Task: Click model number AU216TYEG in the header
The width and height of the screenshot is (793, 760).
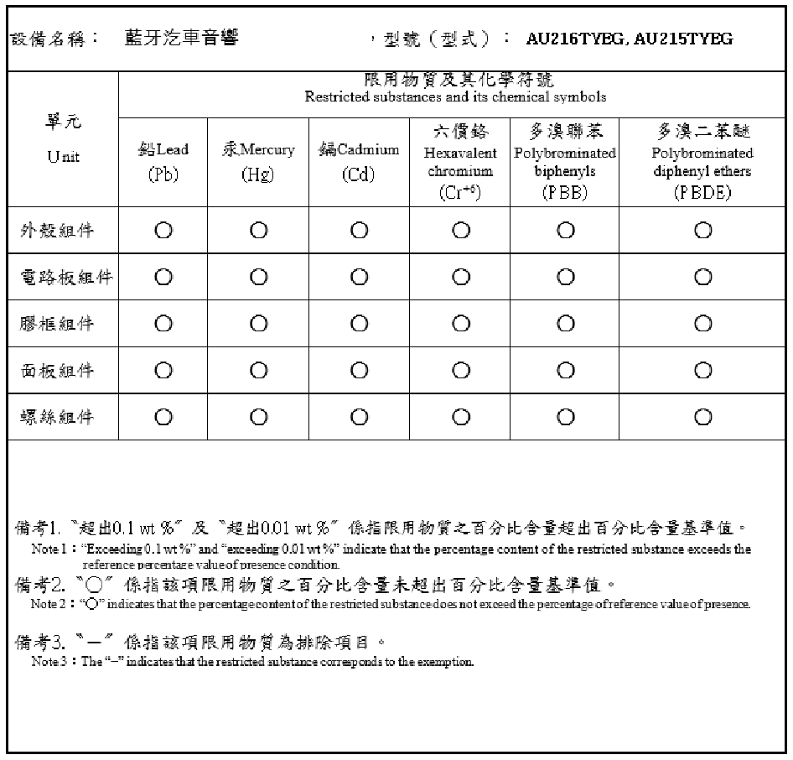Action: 576,39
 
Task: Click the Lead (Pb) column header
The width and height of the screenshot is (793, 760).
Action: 163,161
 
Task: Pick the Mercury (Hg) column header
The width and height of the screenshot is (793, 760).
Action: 258,161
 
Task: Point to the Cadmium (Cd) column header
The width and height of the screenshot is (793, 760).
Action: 359,161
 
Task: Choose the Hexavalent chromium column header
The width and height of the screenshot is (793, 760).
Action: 460,163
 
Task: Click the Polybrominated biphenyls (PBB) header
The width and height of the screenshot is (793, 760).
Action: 564,163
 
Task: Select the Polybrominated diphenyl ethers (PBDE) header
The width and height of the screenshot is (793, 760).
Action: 702,163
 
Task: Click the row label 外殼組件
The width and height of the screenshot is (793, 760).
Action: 57,232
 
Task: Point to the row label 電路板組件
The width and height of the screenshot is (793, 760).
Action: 65,278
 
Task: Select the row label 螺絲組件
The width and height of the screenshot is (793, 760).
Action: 57,417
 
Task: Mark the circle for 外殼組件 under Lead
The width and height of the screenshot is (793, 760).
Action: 163,231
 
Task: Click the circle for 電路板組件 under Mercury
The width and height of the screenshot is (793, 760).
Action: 258,277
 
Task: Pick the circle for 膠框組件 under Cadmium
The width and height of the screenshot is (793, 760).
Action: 359,324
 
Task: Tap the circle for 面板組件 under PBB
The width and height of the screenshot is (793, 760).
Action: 564,370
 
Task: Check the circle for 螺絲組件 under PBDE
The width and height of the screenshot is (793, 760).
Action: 702,417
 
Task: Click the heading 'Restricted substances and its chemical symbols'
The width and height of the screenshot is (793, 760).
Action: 455,97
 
